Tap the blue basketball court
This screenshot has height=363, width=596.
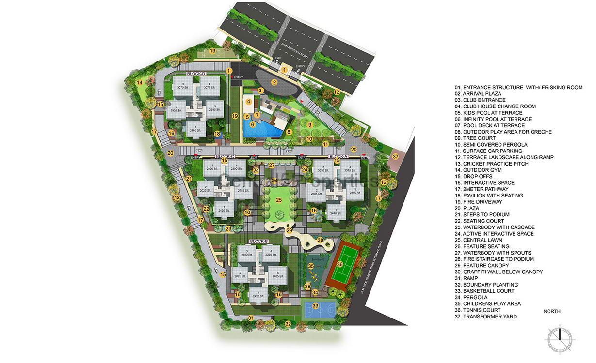(x=316, y=306)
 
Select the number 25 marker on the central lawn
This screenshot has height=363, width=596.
(x=278, y=199)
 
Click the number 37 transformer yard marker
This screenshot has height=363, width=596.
(x=395, y=156)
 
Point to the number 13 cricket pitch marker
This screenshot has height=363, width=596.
(x=212, y=51)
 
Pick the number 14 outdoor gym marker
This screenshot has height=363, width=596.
(x=140, y=82)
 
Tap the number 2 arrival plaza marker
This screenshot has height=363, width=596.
(x=274, y=82)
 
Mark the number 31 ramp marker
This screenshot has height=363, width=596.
(x=251, y=318)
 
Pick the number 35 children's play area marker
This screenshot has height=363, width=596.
(x=311, y=266)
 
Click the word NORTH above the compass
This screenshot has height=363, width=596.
(x=552, y=312)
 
